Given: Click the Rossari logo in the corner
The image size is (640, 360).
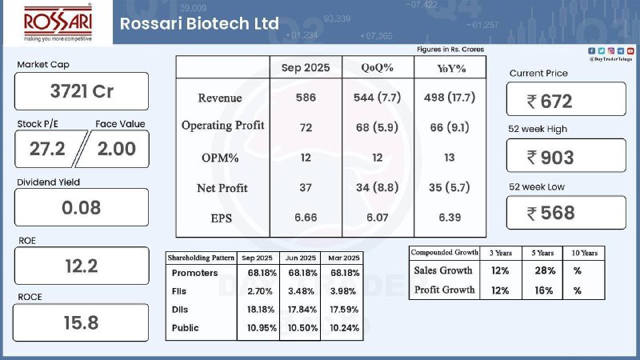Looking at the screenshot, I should (x=58, y=24).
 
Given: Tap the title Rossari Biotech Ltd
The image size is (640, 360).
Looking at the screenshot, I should (x=199, y=23).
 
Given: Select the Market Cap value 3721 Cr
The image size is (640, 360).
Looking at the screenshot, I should (x=82, y=91).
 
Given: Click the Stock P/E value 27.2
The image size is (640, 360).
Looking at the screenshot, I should (x=46, y=148).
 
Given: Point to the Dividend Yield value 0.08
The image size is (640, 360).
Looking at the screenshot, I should (x=82, y=208).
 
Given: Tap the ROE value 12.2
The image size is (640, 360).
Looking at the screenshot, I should (x=82, y=266).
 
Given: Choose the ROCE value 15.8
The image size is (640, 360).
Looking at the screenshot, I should (x=82, y=323).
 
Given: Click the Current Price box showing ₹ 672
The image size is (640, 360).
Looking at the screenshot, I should (x=566, y=100).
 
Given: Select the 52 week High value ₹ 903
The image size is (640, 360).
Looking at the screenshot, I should (x=566, y=157).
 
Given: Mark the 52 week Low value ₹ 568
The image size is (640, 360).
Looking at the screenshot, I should (x=566, y=212).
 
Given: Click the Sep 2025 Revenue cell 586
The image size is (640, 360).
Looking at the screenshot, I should (x=306, y=98).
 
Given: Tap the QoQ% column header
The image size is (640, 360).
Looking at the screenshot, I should (x=377, y=68).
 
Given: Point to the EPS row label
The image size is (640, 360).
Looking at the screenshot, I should (x=222, y=218).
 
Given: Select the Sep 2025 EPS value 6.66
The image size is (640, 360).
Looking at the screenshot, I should (x=306, y=218).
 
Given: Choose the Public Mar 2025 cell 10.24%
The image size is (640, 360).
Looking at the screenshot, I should (x=344, y=327).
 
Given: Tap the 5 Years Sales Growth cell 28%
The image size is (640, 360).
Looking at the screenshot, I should (x=545, y=270).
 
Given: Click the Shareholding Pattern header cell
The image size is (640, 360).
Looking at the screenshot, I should (x=201, y=258).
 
